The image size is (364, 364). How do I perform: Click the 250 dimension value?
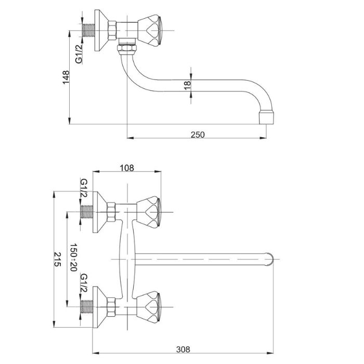tap(198, 135)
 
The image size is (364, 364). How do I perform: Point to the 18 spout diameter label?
tap(188, 85)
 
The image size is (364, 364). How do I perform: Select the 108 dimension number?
tap(127, 167)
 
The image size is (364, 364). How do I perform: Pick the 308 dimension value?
tap(183, 350)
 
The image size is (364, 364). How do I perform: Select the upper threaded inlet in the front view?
tap(87, 212)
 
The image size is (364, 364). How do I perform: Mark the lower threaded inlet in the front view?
tap(87, 305)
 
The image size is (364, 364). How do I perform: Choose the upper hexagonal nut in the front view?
tap(111, 212)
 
